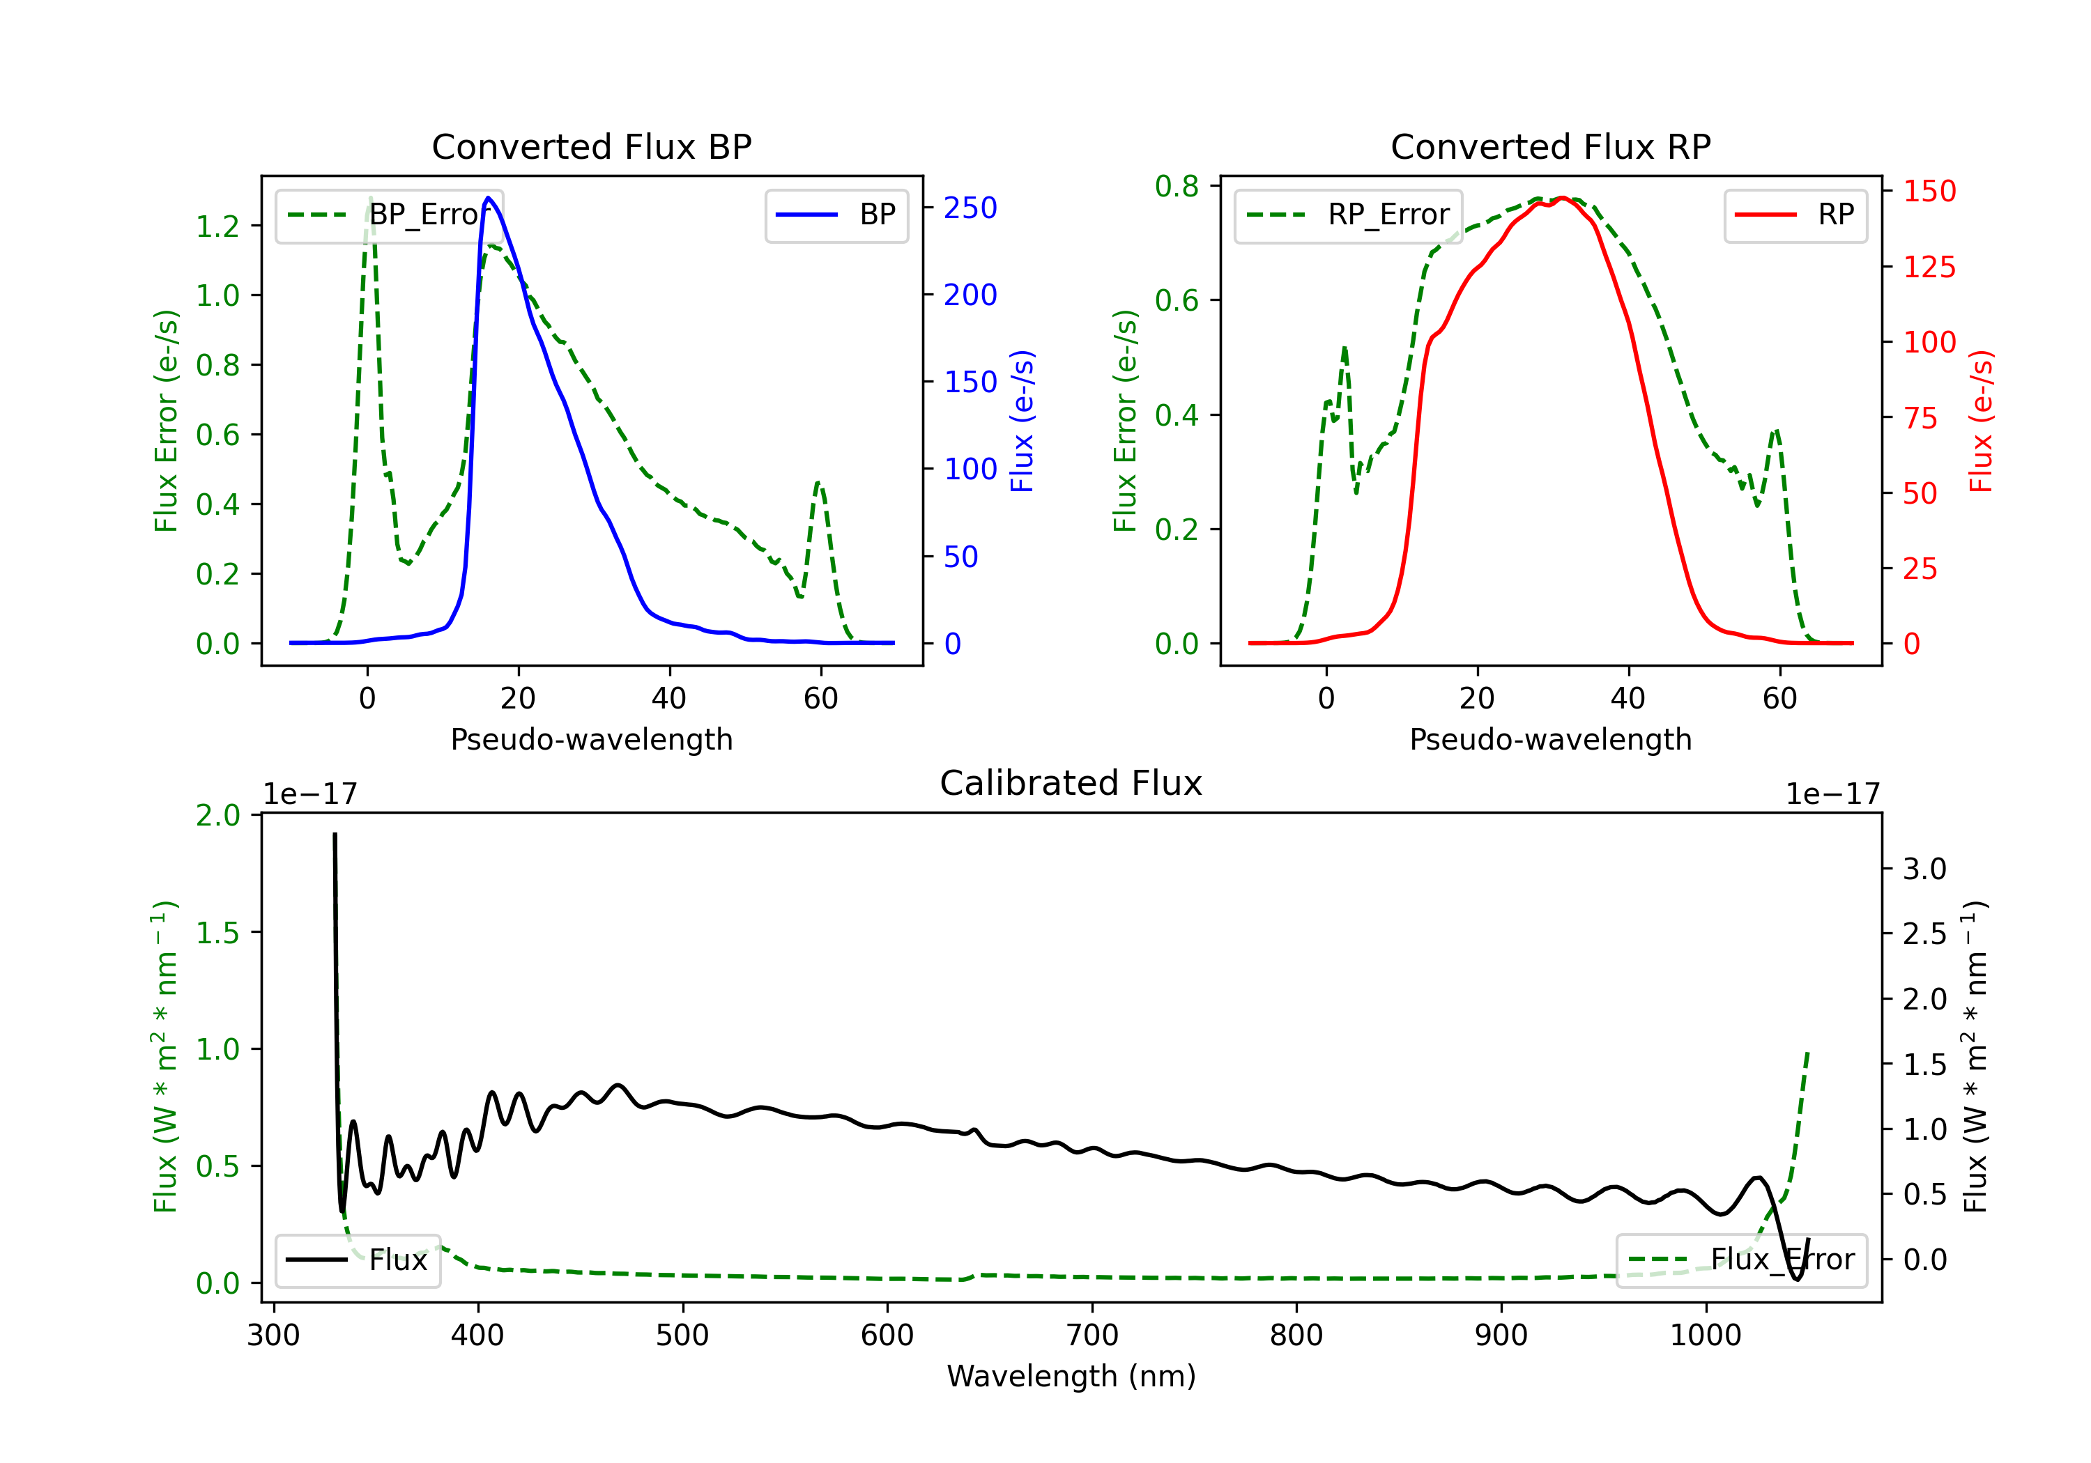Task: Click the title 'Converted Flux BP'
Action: (x=591, y=146)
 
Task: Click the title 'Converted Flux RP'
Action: (x=1550, y=146)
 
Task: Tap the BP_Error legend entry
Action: (x=389, y=215)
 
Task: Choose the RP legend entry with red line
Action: (x=1795, y=215)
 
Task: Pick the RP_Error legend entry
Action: (x=1348, y=215)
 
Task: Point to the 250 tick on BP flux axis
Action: (x=970, y=208)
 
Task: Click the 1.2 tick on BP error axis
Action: (x=219, y=226)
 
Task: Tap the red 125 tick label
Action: (x=1929, y=267)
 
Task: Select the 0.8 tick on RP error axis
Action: (x=1177, y=186)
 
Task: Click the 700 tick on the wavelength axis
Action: (x=1092, y=1336)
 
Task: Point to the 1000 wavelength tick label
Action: (x=1705, y=1336)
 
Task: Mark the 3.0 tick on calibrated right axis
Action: (x=1924, y=869)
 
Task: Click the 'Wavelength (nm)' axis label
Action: (x=1071, y=1376)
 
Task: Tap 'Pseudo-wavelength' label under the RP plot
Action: (x=1550, y=739)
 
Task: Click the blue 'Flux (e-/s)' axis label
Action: (x=1022, y=421)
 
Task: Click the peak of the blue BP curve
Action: (x=489, y=198)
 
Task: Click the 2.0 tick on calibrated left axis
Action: (x=219, y=815)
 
